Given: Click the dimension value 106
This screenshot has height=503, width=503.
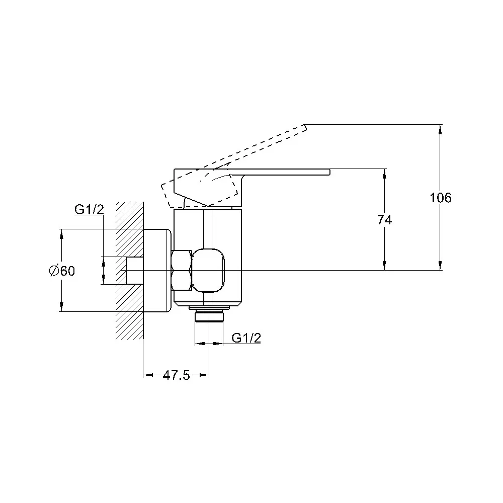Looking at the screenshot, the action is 441,198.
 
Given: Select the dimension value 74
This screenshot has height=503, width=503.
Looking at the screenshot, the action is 384,220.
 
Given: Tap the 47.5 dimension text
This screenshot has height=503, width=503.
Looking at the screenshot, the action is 177,375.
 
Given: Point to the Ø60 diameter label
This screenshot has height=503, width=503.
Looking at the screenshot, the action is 62,271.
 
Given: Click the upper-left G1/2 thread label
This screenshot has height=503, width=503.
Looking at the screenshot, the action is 89,209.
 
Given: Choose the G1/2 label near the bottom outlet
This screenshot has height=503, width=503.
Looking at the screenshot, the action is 246,338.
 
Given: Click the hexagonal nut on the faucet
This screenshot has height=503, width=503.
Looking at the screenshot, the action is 182,271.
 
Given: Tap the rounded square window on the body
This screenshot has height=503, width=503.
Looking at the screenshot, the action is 209,271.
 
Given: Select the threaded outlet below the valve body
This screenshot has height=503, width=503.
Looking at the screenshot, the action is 209,316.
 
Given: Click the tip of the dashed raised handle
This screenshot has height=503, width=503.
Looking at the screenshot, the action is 305,128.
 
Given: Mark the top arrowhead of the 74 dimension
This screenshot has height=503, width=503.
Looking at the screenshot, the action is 384,174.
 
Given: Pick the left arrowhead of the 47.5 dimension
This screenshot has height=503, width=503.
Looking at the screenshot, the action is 148,375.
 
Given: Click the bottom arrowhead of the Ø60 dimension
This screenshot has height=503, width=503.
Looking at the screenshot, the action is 61,306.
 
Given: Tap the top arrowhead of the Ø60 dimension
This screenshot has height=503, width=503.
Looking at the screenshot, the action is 61,234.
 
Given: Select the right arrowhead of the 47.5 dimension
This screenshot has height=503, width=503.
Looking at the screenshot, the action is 204,375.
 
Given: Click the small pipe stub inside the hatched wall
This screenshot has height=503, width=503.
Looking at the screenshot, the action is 135,271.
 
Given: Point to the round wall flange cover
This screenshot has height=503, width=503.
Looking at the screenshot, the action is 157,270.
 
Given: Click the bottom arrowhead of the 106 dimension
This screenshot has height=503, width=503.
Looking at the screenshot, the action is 440,265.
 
